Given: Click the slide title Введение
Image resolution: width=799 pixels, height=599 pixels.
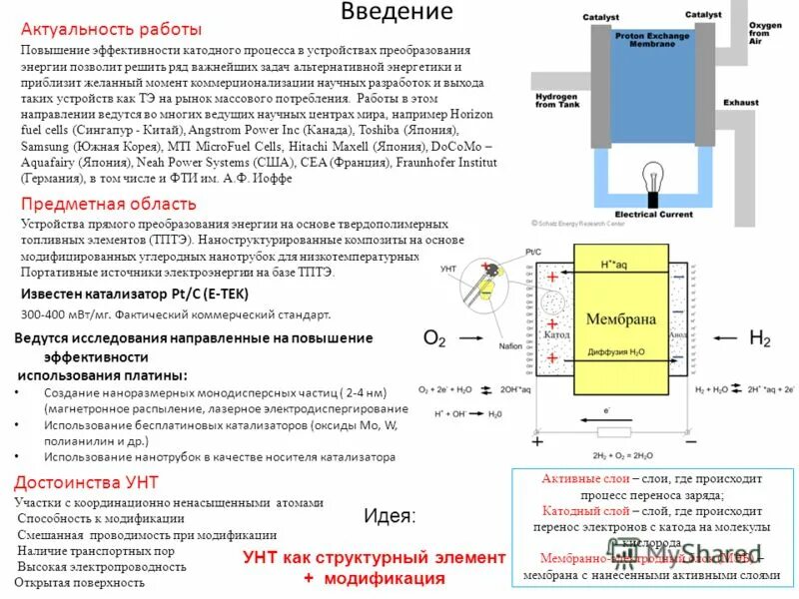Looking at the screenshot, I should (x=397, y=12).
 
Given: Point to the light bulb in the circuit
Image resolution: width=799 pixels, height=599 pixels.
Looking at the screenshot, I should (x=652, y=178).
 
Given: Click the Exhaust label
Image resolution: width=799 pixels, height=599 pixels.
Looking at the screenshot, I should (x=741, y=102).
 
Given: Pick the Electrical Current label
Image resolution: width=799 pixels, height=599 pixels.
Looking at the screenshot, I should (x=653, y=214).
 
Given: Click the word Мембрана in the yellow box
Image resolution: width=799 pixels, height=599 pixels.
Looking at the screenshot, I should (x=621, y=319).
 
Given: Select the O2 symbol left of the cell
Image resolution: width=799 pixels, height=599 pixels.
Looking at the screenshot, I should (x=434, y=338).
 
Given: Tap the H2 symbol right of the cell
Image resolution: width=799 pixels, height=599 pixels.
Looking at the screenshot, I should (x=760, y=338).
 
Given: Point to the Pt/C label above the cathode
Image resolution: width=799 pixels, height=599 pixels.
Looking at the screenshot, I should (x=532, y=252).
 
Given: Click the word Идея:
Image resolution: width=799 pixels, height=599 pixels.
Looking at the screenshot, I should (x=391, y=516).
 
